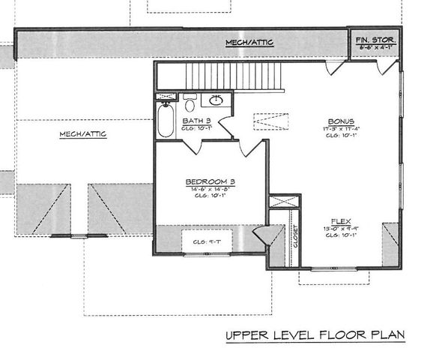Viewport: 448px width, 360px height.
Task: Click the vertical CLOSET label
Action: click(x=294, y=235)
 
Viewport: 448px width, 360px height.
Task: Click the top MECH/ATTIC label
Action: click(x=250, y=43)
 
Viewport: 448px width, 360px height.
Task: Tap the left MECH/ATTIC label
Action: click(x=82, y=134)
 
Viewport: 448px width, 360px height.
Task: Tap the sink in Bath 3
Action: click(x=217, y=100)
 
